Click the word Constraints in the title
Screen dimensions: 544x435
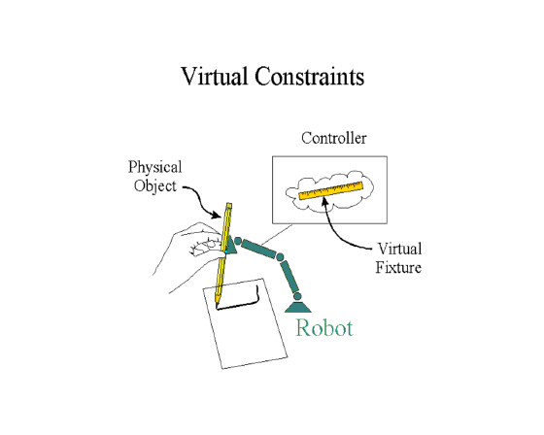point(310,77)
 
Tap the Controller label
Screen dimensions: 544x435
point(334,138)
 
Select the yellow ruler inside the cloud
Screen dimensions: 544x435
point(331,190)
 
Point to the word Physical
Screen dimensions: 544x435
point(154,168)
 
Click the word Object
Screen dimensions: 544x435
point(155,186)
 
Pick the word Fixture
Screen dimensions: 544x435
point(398,267)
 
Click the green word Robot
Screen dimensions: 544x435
point(324,328)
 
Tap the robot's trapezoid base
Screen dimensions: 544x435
point(297,308)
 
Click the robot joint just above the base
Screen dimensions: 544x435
point(297,296)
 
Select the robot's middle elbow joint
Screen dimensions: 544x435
point(280,257)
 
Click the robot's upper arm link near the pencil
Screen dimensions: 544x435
point(258,249)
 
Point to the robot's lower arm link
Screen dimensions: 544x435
point(290,277)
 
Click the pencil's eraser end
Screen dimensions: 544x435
point(228,206)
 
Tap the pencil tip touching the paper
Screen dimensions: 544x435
point(217,305)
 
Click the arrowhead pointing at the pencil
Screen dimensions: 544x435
point(216,215)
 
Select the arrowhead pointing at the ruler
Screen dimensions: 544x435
point(324,201)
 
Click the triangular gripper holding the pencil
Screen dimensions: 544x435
point(230,245)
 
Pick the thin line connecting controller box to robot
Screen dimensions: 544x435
point(277,235)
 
